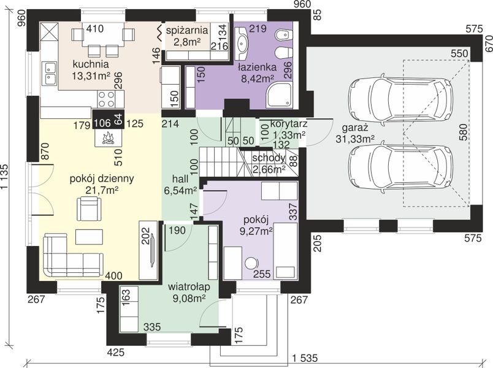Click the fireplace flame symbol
click(109, 138)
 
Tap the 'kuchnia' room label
click(91, 64)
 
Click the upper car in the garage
click(403, 99)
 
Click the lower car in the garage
click(403, 167)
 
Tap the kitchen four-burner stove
click(106, 99)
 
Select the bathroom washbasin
click(242, 43)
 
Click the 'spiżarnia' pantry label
click(187, 31)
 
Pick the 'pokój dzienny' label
click(102, 178)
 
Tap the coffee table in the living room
click(89, 237)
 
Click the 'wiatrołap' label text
click(189, 287)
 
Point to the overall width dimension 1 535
click(305, 358)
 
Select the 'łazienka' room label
click(257, 67)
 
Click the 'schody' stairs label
click(269, 158)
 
